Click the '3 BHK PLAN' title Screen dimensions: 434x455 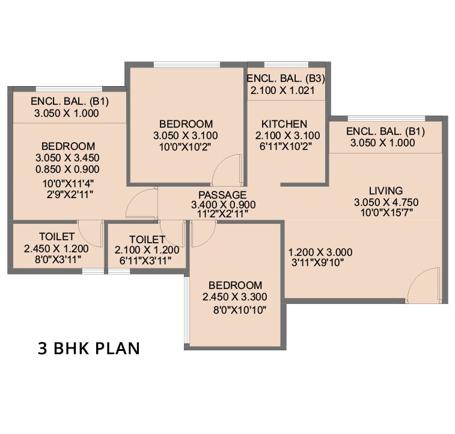(x=88, y=349)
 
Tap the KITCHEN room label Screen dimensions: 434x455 (x=284, y=124)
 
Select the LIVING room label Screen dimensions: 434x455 (x=386, y=191)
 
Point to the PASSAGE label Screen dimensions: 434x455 (x=222, y=195)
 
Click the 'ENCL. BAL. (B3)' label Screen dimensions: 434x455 (x=286, y=78)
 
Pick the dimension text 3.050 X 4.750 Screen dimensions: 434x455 (x=386, y=202)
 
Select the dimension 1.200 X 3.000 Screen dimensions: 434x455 (x=320, y=252)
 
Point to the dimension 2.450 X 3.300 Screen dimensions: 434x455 (x=235, y=297)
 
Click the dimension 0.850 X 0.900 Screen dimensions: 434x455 (x=68, y=169)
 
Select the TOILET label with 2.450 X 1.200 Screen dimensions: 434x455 (x=57, y=237)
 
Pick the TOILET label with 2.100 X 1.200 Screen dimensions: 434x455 (x=147, y=240)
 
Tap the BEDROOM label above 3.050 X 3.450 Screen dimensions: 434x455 (x=68, y=146)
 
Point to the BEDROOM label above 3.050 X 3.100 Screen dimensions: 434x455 (x=186, y=124)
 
